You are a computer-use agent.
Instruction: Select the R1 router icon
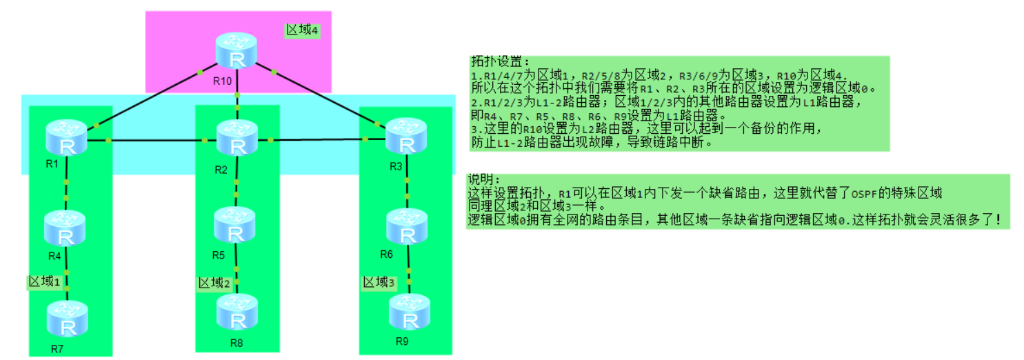pyautogui.click(x=67, y=138)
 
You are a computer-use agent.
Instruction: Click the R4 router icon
pyautogui.click(x=66, y=230)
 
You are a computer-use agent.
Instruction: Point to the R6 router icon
pyautogui.click(x=407, y=227)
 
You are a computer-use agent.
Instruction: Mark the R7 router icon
pyautogui.click(x=67, y=318)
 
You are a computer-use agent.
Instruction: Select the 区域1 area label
pyautogui.click(x=48, y=281)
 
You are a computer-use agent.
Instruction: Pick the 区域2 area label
pyautogui.click(x=214, y=283)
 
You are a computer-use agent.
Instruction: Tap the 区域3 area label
pyautogui.click(x=379, y=282)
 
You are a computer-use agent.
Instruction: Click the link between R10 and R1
pyautogui.click(x=148, y=99)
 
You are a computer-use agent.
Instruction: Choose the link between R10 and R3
pyautogui.click(x=324, y=97)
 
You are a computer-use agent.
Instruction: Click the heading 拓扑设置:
pyautogui.click(x=492, y=61)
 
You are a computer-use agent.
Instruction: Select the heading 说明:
pyautogui.click(x=483, y=179)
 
